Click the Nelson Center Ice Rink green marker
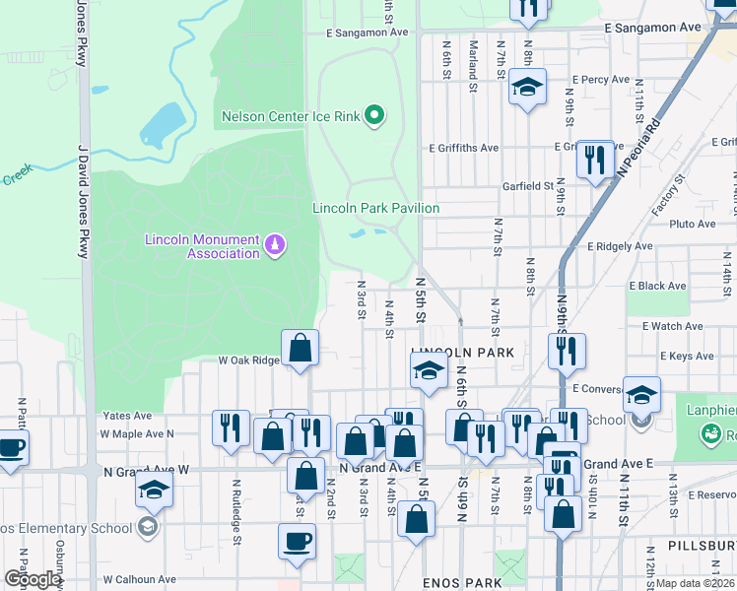[x=373, y=117]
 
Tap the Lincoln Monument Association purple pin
[x=275, y=241]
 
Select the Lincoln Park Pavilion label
[x=375, y=208]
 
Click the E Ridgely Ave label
[x=620, y=246]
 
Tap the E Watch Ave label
[x=672, y=326]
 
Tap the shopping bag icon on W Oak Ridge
[x=300, y=348]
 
